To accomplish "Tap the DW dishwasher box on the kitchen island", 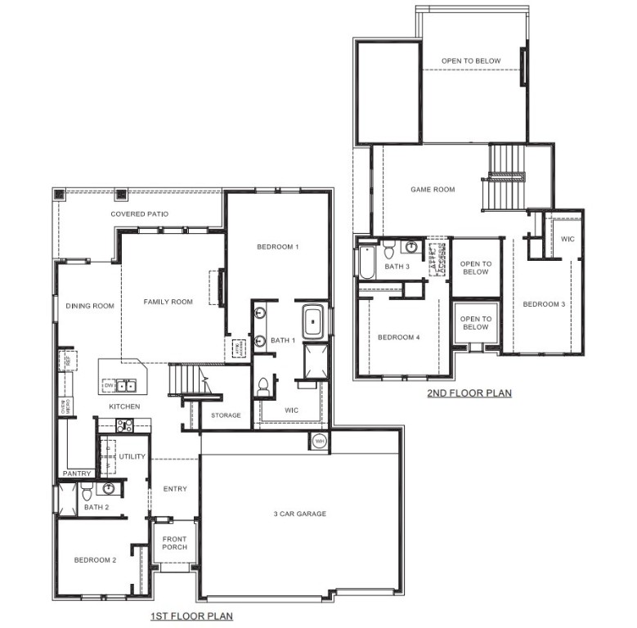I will pos(108,385).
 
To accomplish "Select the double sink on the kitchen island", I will pos(126,386).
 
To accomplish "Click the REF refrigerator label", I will pos(69,360).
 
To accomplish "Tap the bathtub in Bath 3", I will pos(364,262).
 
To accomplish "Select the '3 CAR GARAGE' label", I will pos(299,514).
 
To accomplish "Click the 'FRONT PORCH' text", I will pos(173,544).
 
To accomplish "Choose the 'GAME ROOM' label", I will pos(433,190).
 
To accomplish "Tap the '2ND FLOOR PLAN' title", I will pos(469,393).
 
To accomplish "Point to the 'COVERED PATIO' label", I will pos(140,214).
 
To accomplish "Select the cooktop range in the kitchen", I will pos(124,424).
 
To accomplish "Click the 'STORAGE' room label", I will pos(226,415).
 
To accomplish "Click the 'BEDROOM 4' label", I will pos(398,336).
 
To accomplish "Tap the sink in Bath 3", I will pos(412,247).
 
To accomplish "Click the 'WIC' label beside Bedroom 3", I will pos(567,239).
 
